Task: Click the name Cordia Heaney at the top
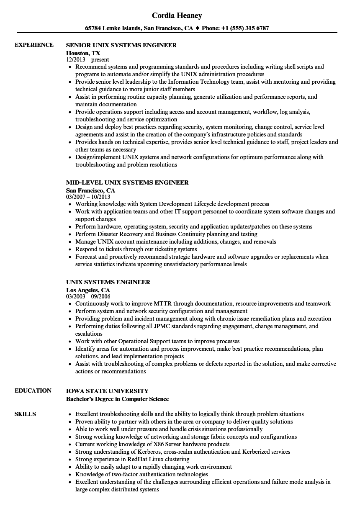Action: pyautogui.click(x=177, y=15)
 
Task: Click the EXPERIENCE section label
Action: pyautogui.click(x=34, y=45)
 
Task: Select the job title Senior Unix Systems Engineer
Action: pyautogui.click(x=121, y=45)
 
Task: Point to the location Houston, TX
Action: pyautogui.click(x=83, y=53)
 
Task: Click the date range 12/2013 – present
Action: pyautogui.click(x=87, y=60)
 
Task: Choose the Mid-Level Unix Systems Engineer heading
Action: pyautogui.click(x=127, y=182)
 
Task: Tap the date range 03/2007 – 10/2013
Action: pyautogui.click(x=88, y=197)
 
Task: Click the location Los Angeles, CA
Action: pyautogui.click(x=88, y=290)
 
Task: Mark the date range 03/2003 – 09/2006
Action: pyautogui.click(x=88, y=296)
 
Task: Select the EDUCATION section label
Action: pyautogui.click(x=33, y=391)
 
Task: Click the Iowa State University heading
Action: pyautogui.click(x=107, y=391)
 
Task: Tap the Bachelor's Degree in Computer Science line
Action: pyautogui.click(x=117, y=399)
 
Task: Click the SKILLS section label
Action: pyautogui.click(x=25, y=414)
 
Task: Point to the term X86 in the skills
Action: pyautogui.click(x=149, y=444)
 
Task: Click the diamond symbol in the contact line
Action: pyautogui.click(x=197, y=28)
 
